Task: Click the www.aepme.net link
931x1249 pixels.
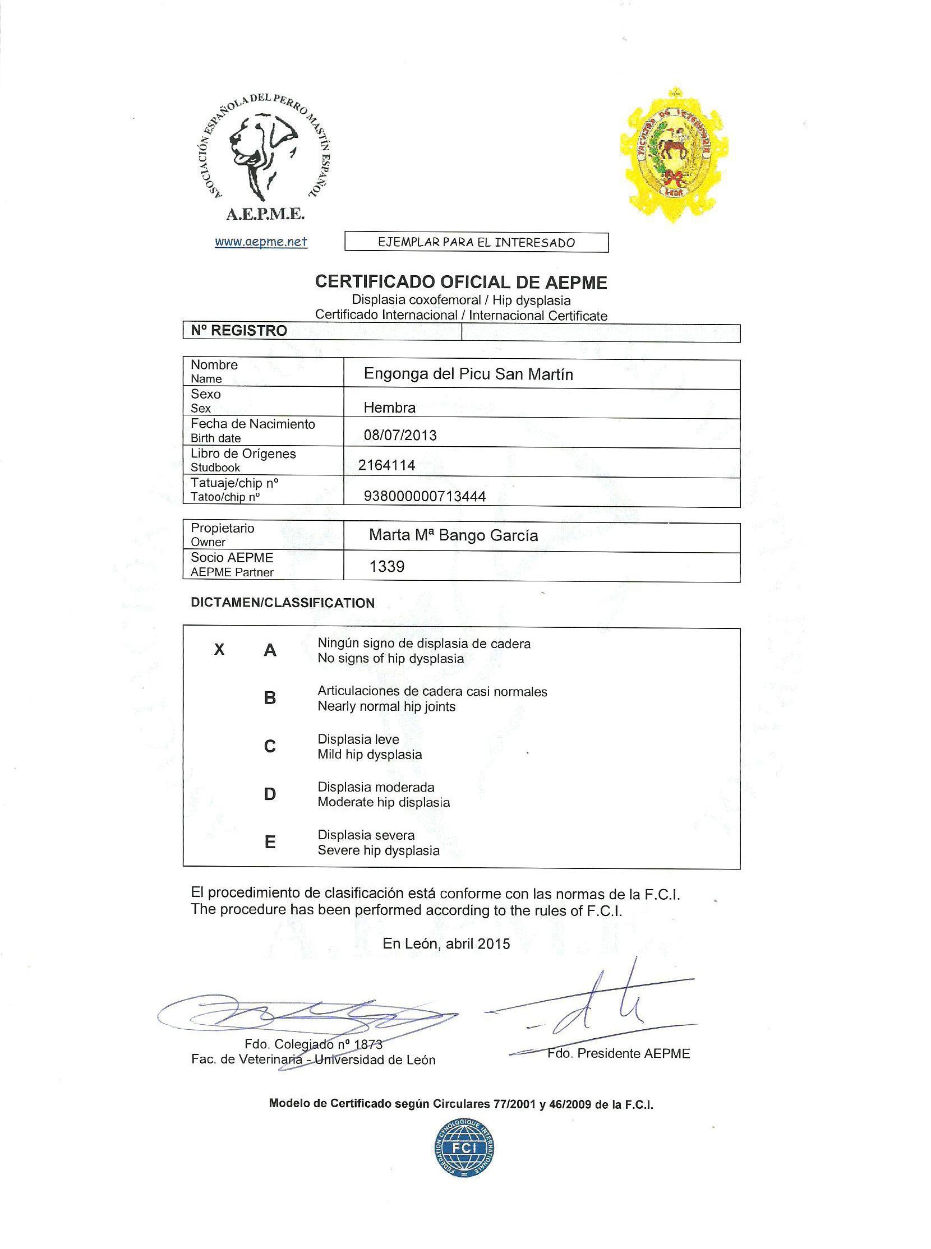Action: point(261,242)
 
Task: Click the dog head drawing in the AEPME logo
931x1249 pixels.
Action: point(262,152)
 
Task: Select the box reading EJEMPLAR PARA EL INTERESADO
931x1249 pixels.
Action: point(476,242)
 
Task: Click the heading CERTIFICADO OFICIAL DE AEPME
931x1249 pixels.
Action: point(461,281)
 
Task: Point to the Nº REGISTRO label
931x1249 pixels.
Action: point(239,331)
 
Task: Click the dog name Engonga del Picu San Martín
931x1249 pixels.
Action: point(468,374)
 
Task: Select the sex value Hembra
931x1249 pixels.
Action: point(389,408)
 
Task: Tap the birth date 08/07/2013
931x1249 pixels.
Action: point(400,435)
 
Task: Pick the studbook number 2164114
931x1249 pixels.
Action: point(386,465)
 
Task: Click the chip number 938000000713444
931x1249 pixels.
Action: point(425,496)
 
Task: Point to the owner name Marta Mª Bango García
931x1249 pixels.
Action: point(453,535)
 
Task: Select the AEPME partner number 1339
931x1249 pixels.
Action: point(386,566)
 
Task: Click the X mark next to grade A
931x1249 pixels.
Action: point(219,650)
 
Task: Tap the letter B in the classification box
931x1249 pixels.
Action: point(270,698)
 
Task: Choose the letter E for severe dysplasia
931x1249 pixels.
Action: point(270,841)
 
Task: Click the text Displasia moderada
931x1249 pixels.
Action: point(376,787)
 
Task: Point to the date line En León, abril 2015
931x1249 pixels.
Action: point(446,943)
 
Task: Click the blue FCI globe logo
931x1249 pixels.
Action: point(464,1148)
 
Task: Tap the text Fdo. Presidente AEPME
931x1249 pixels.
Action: point(618,1053)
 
